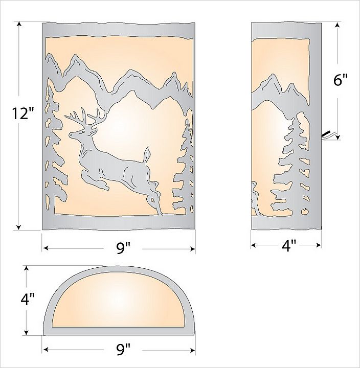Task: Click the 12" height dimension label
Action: [23, 113]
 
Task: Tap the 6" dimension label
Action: [340, 80]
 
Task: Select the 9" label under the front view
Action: [123, 248]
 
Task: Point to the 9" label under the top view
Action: [123, 350]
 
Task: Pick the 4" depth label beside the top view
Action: [28, 299]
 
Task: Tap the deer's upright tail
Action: [146, 154]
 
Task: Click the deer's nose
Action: [70, 135]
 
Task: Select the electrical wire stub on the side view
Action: [327, 135]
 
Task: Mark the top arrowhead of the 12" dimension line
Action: [19, 24]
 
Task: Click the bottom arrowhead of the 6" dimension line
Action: [337, 137]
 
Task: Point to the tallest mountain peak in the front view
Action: [76, 56]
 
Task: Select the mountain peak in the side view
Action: [273, 76]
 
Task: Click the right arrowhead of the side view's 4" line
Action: [319, 245]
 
